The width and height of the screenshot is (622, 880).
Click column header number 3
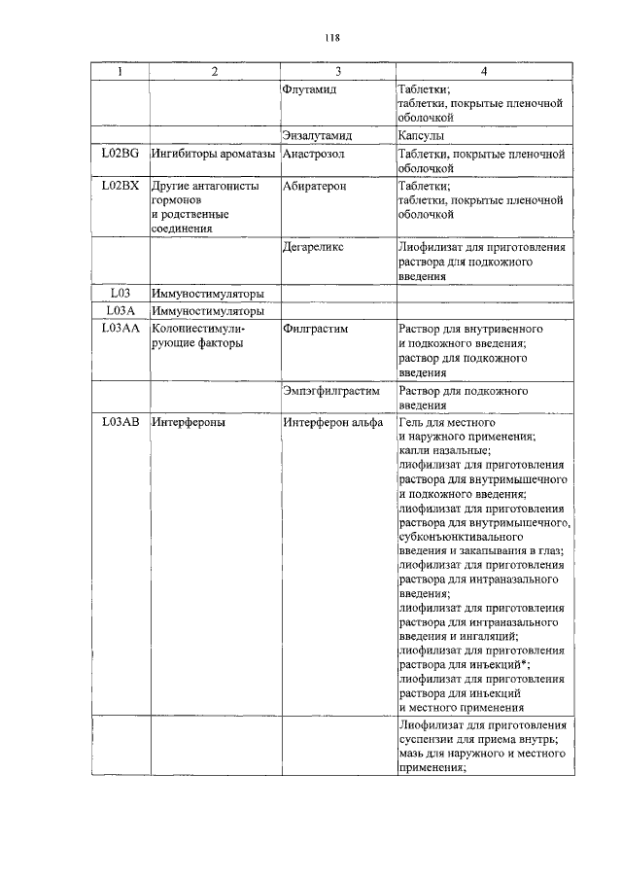338,72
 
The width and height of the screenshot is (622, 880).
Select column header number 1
120,72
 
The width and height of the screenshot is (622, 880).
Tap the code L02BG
120,155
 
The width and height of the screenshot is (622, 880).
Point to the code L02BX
120,186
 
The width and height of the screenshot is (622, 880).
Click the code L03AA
120,330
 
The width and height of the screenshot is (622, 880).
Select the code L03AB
120,423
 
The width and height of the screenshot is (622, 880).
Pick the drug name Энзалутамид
316,136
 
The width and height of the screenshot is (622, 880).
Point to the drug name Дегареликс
313,248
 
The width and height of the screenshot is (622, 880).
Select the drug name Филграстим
315,330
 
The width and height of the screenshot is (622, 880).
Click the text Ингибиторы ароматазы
214,155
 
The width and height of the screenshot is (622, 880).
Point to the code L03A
120,311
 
